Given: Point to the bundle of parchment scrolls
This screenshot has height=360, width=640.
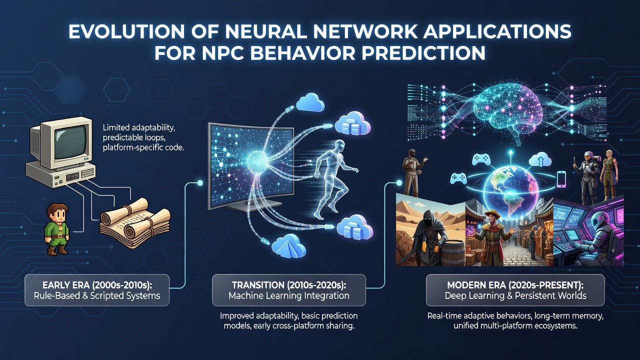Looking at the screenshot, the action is [135, 222].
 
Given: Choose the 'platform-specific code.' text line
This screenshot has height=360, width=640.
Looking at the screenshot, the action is [143, 147].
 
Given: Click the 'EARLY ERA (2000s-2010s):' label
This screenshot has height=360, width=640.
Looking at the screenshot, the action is [97, 285].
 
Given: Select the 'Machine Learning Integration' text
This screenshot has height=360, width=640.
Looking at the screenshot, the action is [289, 295].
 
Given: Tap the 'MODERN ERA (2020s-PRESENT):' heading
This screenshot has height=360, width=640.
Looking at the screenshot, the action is [515, 285].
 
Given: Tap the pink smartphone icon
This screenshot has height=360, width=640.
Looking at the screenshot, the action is [561, 179].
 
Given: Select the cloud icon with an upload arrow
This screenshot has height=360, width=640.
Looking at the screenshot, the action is [540, 159].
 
